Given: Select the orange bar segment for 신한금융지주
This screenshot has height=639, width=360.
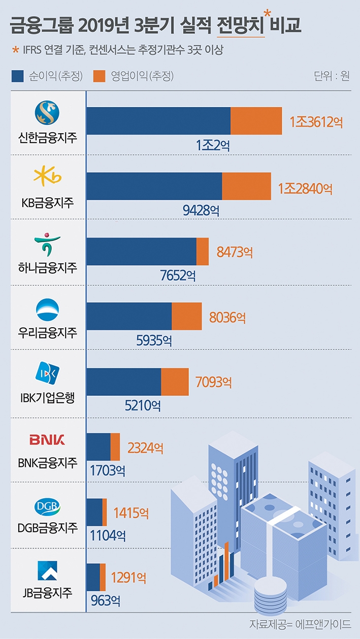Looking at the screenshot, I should click(256, 121).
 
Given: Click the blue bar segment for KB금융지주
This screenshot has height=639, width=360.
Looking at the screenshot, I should click(154, 186).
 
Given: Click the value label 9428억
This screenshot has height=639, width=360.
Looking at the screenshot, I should click(202, 210).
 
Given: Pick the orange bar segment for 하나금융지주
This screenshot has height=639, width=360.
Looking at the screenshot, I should click(203, 251).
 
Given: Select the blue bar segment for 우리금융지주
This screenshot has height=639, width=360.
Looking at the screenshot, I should click(129, 316).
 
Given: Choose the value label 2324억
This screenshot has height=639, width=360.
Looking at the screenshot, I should click(145, 448).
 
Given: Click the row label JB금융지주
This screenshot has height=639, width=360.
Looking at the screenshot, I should click(47, 592).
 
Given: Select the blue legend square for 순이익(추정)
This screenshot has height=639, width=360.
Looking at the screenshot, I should click(17, 76).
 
